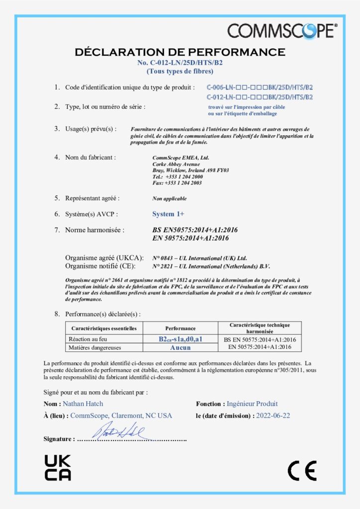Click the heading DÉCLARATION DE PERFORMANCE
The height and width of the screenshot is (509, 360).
point(180,52)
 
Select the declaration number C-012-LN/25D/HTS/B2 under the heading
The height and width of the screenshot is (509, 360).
point(180,63)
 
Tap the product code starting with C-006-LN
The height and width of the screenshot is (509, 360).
point(259,87)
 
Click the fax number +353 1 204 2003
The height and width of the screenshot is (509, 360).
point(177,183)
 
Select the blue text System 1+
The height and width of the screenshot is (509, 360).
point(168,214)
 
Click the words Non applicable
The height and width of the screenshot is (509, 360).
point(170,199)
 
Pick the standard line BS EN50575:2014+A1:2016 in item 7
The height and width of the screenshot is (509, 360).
point(190,230)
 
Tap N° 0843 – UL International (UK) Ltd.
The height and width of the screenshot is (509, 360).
point(199,258)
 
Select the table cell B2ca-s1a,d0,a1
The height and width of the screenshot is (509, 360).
point(180,339)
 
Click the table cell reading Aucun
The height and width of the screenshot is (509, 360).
point(180,347)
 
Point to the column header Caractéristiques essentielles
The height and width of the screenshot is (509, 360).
point(104,329)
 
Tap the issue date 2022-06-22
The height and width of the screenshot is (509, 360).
point(273,416)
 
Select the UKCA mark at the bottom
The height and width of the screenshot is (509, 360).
point(58,467)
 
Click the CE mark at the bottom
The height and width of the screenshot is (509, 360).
point(302,470)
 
